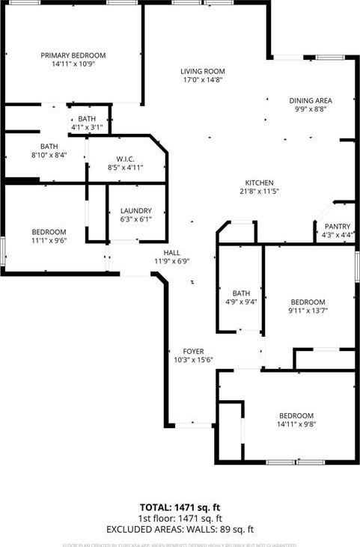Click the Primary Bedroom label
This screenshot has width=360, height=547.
click(73, 55)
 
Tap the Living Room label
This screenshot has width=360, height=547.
click(202, 72)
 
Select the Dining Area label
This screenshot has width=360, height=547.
click(311, 100)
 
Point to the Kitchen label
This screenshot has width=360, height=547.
click(260, 183)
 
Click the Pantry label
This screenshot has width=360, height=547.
click(338, 226)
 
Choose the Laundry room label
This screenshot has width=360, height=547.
click(136, 211)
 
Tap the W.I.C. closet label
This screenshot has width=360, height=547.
click(125, 159)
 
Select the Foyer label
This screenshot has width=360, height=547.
click(193, 351)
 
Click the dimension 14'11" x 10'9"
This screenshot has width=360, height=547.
click(73, 64)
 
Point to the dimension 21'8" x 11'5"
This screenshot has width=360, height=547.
click(260, 192)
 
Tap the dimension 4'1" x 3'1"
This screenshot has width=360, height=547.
click(87, 127)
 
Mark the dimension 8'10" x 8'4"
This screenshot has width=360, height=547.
click(49, 155)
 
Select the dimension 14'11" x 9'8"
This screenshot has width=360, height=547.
click(296, 425)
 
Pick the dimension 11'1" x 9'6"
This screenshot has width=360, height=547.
click(49, 241)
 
